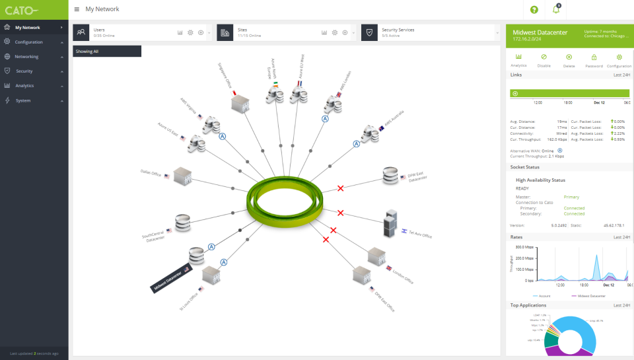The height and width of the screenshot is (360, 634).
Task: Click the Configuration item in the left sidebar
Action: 28,42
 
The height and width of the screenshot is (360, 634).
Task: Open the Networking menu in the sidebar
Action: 26,57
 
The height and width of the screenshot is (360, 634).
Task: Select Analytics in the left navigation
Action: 24,85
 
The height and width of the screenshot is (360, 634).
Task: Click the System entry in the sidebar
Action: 23,100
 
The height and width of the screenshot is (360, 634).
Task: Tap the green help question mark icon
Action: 534,9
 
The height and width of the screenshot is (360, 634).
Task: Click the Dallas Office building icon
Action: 182,174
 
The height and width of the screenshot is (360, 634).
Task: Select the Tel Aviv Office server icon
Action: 390,225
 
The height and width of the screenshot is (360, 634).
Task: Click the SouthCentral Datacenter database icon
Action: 183,223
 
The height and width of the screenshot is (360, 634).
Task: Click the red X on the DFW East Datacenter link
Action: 341,189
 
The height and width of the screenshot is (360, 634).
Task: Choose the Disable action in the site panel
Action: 544,60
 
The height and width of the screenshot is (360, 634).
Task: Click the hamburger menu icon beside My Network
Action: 77,9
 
